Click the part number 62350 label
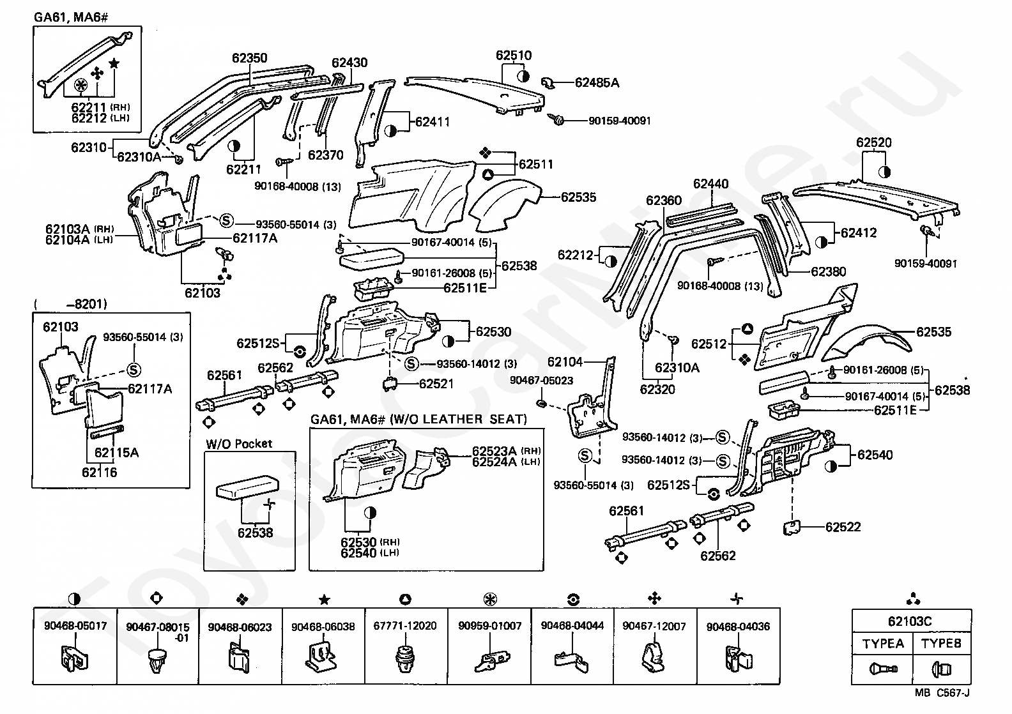tap(249, 58)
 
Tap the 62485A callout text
tap(597, 82)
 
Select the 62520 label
tap(874, 142)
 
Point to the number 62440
tap(710, 184)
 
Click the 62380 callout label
tap(828, 271)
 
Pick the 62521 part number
tap(436, 383)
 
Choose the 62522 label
tap(843, 527)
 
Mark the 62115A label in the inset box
tap(116, 453)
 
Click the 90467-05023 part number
tap(541, 380)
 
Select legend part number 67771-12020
tap(405, 625)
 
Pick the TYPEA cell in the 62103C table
tap(883, 644)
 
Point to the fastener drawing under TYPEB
tap(942, 669)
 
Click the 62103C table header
tap(910, 621)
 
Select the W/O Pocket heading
tap(239, 443)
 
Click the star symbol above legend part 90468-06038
tap(324, 600)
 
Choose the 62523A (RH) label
tap(507, 451)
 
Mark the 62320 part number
tap(657, 390)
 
